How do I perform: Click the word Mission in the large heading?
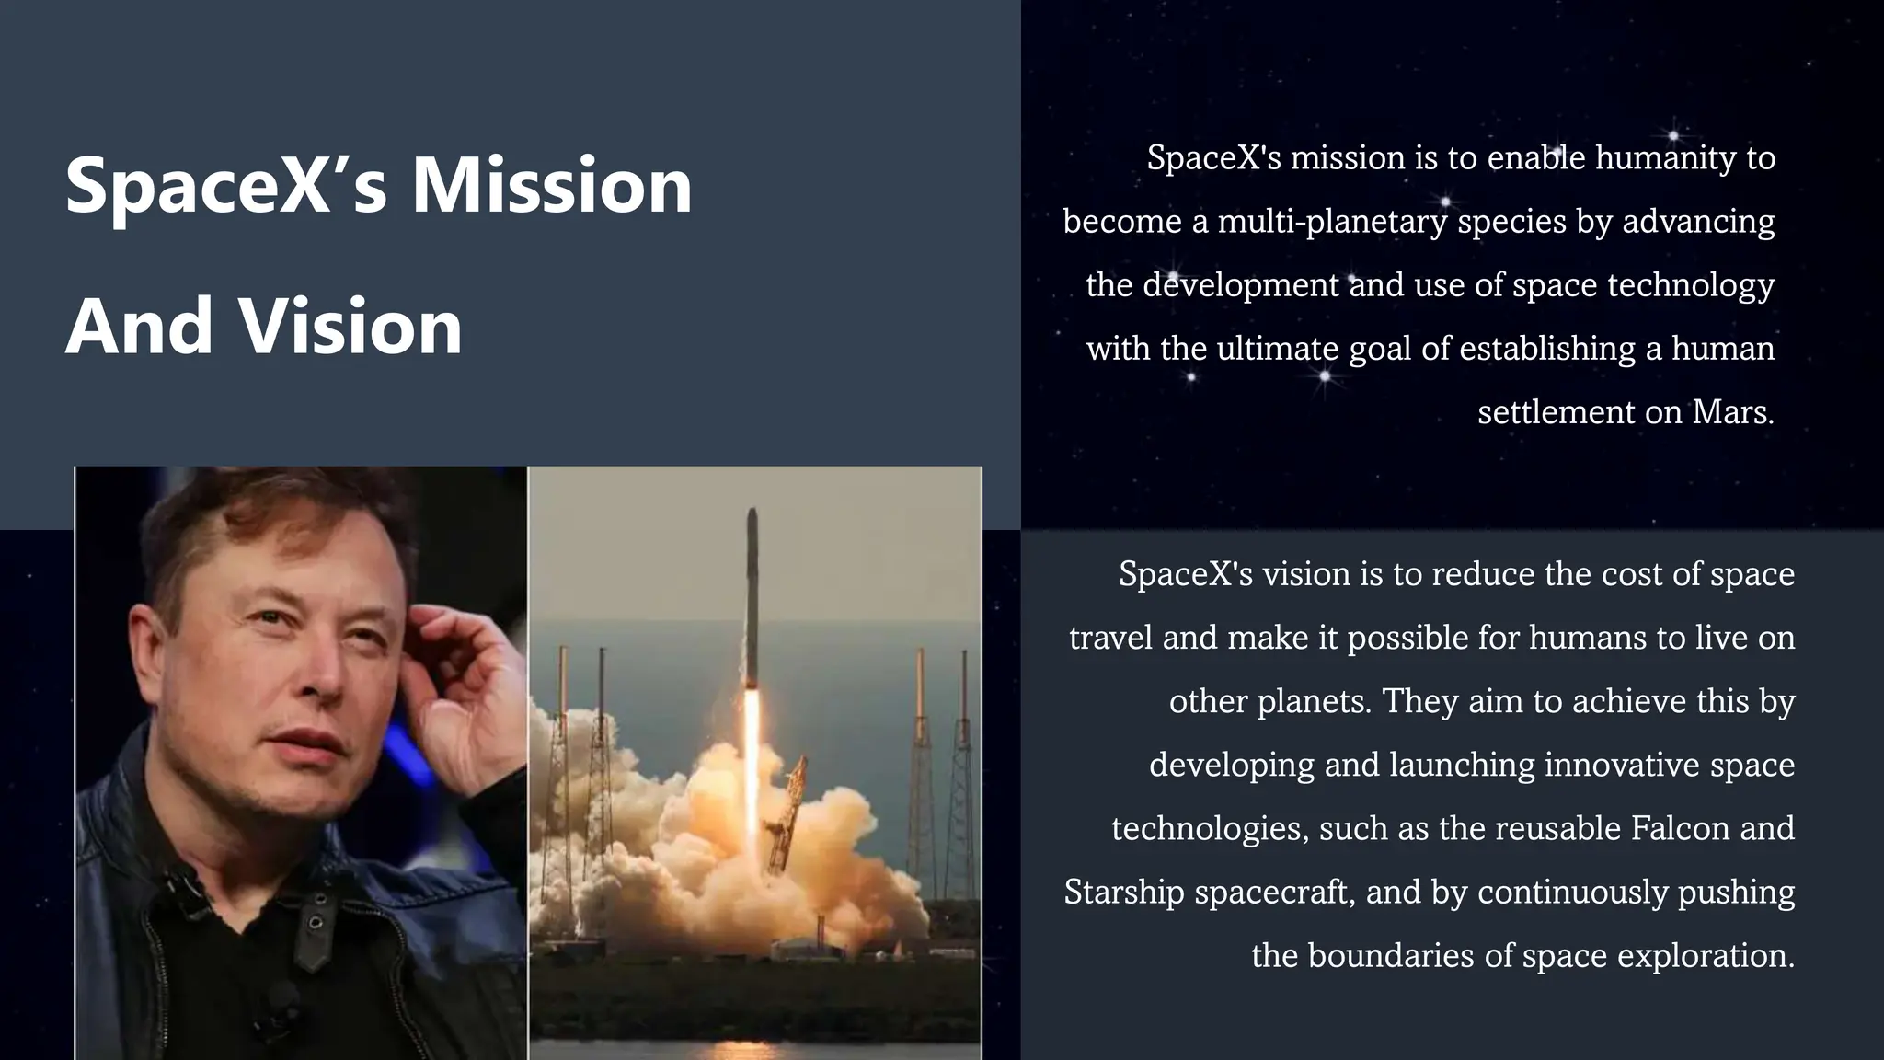pyautogui.click(x=551, y=186)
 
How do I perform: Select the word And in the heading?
pyautogui.click(x=139, y=327)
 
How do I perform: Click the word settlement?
pyautogui.click(x=1556, y=411)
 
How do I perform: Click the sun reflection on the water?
pyautogui.click(x=750, y=1049)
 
